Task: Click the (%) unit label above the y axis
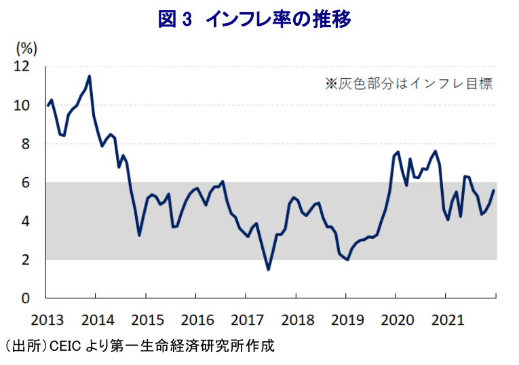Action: pyautogui.click(x=26, y=48)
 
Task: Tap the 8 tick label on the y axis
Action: pyautogui.click(x=25, y=145)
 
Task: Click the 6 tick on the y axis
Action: pyautogui.click(x=25, y=182)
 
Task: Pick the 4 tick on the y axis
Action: pyautogui.click(x=25, y=221)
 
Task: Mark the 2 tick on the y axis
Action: pyautogui.click(x=25, y=260)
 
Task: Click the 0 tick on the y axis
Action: pyautogui.click(x=25, y=299)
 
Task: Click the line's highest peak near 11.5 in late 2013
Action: pyautogui.click(x=90, y=76)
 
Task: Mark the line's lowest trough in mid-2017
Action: pyautogui.click(x=269, y=269)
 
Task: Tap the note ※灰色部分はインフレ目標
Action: pyautogui.click(x=408, y=83)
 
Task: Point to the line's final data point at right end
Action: pyautogui.click(x=494, y=191)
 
